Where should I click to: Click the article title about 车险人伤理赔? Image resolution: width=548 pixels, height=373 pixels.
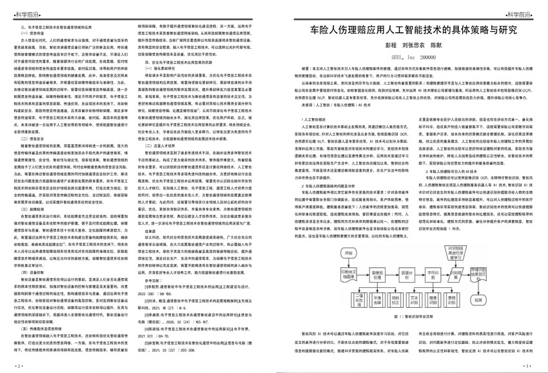pos(412,30)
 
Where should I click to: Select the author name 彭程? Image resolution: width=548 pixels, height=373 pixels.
pos(389,46)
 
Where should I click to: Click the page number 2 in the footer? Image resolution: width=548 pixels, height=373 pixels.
pos(19,366)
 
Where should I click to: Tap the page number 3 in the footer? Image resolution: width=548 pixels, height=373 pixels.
pos(527,366)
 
